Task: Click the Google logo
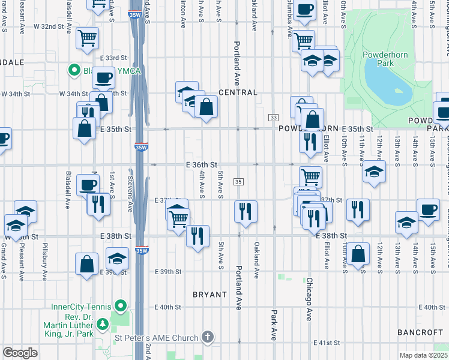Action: coord(20,353)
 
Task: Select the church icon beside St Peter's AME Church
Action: coord(208,337)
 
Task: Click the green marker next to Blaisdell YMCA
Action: coord(74,71)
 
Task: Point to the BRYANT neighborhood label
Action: coord(209,295)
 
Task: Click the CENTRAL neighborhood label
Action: coord(238,92)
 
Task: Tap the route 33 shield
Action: coord(274,117)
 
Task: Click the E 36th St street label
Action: coord(201,164)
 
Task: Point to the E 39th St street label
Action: coord(167,272)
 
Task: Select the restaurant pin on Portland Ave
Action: coord(246,211)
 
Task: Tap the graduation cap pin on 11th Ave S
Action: coord(374,172)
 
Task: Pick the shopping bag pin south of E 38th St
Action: coord(358,254)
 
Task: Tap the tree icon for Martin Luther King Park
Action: coord(103,325)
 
